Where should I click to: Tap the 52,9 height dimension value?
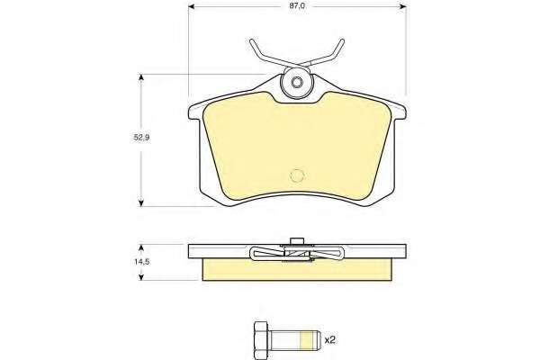point(141,138)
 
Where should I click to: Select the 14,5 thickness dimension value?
point(141,262)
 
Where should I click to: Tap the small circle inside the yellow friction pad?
point(298,175)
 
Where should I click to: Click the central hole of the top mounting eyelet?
point(296,83)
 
